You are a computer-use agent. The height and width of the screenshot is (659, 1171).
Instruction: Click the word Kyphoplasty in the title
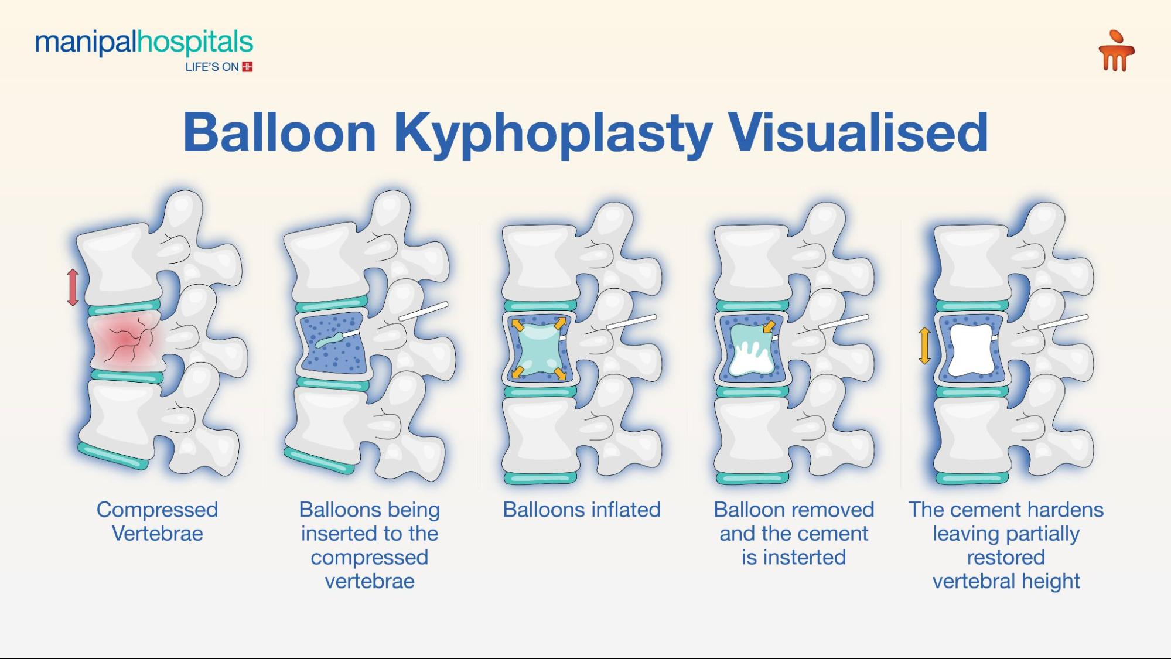coord(553,133)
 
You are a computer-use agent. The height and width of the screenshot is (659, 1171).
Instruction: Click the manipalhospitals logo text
coord(144,44)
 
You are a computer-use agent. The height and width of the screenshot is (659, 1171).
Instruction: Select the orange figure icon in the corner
coord(1116,52)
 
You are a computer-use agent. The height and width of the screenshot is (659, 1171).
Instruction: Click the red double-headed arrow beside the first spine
coord(73,287)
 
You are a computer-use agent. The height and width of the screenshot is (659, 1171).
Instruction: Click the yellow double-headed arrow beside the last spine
coord(924,346)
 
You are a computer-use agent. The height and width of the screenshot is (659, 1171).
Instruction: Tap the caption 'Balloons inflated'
coord(581,510)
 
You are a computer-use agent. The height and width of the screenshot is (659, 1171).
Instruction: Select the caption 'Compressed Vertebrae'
coord(157,521)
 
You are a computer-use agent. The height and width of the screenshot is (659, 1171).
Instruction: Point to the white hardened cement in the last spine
coord(971,350)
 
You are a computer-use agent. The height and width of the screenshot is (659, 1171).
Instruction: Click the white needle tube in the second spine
coord(423,311)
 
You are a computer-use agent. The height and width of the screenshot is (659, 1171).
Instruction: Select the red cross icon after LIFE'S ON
coord(247,67)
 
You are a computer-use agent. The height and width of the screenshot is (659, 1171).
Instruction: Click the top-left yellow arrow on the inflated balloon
coord(518,325)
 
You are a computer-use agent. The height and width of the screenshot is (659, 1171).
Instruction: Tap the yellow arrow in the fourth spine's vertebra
coord(769,326)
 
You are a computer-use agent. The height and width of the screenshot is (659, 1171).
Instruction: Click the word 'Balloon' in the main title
coord(279,133)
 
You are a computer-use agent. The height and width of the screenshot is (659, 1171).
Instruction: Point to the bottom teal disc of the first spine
coord(113,457)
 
